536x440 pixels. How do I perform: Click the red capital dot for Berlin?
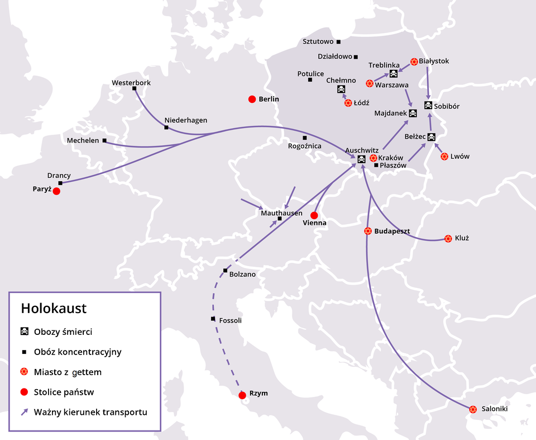point(252,100)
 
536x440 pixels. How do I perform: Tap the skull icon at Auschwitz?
point(361,160)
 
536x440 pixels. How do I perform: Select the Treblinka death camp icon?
point(393,74)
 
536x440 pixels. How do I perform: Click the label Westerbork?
point(131,83)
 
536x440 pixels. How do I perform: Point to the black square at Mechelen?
point(104,141)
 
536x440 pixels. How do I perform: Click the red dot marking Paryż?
point(56,191)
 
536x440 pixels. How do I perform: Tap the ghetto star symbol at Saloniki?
point(473,409)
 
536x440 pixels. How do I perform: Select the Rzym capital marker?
point(242,395)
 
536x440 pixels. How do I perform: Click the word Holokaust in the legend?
point(54,309)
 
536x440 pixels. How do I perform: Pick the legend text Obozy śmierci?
point(63,332)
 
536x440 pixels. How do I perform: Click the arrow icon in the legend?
point(25,413)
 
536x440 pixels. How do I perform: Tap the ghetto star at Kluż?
point(448,239)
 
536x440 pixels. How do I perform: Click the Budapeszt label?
point(392,231)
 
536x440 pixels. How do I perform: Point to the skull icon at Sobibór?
point(428,106)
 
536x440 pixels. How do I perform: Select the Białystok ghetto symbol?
point(414,61)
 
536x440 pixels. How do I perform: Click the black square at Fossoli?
point(213,319)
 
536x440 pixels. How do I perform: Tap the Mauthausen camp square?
point(280,219)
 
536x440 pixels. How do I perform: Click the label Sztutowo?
point(318,41)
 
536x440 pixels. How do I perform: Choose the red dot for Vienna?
point(314,215)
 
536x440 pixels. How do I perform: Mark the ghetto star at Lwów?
point(444,157)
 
